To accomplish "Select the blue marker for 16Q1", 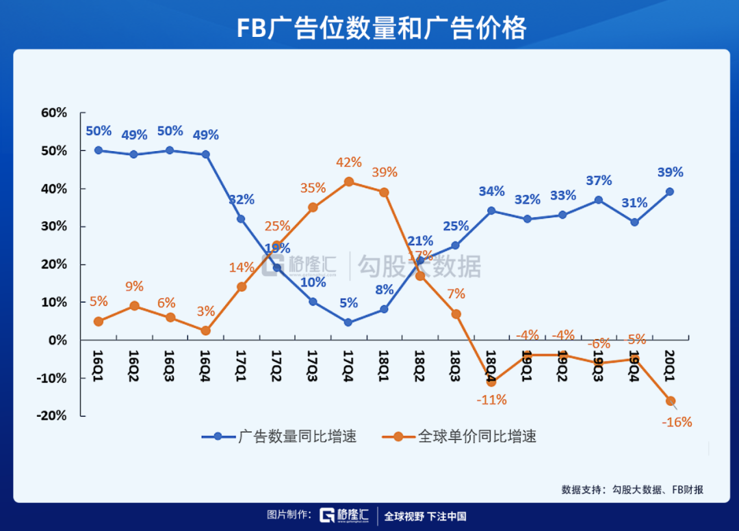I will point(99,150).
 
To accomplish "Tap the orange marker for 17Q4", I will point(349,182).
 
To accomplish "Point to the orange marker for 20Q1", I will point(671,401).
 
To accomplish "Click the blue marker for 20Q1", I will point(670,192).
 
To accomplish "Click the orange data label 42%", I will point(349,163).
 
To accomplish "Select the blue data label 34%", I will point(491,191).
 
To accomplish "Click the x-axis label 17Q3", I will point(312,359).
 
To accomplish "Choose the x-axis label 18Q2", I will point(419,359).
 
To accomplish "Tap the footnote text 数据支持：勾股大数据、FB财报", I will point(632,489).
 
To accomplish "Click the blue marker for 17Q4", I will point(349,322).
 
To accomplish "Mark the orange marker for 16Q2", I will point(134,306).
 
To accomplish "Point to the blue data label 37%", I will point(599,180).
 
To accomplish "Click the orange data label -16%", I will point(677,422).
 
